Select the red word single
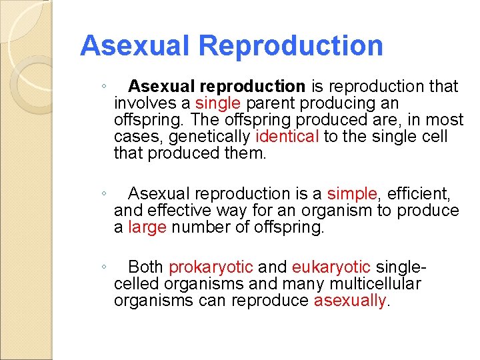(218, 103)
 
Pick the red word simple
(352, 194)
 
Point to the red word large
(147, 228)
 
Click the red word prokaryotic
(211, 267)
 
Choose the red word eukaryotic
(331, 267)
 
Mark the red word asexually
(350, 301)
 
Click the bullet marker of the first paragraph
(104, 87)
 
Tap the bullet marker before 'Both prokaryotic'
(104, 268)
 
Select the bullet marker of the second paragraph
(104, 195)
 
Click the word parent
(271, 103)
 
